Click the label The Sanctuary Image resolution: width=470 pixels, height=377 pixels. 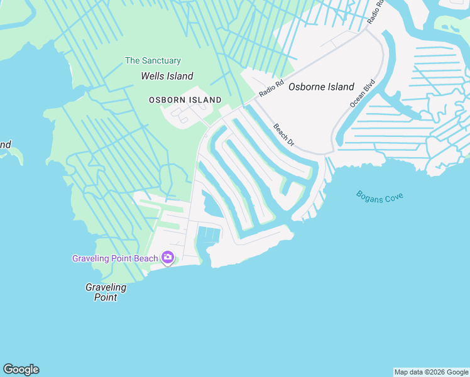(x=153, y=61)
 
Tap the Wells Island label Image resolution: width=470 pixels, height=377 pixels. (x=167, y=76)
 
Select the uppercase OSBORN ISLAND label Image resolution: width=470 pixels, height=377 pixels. (x=185, y=100)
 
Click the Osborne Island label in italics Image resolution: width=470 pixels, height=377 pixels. (x=321, y=87)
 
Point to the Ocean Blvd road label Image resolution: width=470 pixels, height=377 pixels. (x=363, y=92)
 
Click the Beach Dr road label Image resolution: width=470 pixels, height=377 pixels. (x=283, y=135)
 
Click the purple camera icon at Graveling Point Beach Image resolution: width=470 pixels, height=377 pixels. (x=167, y=257)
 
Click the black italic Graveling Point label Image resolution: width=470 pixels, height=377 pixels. (x=106, y=292)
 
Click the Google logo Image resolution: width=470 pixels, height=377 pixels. (x=21, y=369)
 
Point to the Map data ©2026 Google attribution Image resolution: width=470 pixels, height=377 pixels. (x=432, y=372)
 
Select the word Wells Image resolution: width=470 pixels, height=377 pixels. (x=153, y=76)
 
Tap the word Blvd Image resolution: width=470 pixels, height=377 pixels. (x=369, y=84)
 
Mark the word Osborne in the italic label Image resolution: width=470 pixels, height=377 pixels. (x=307, y=87)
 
